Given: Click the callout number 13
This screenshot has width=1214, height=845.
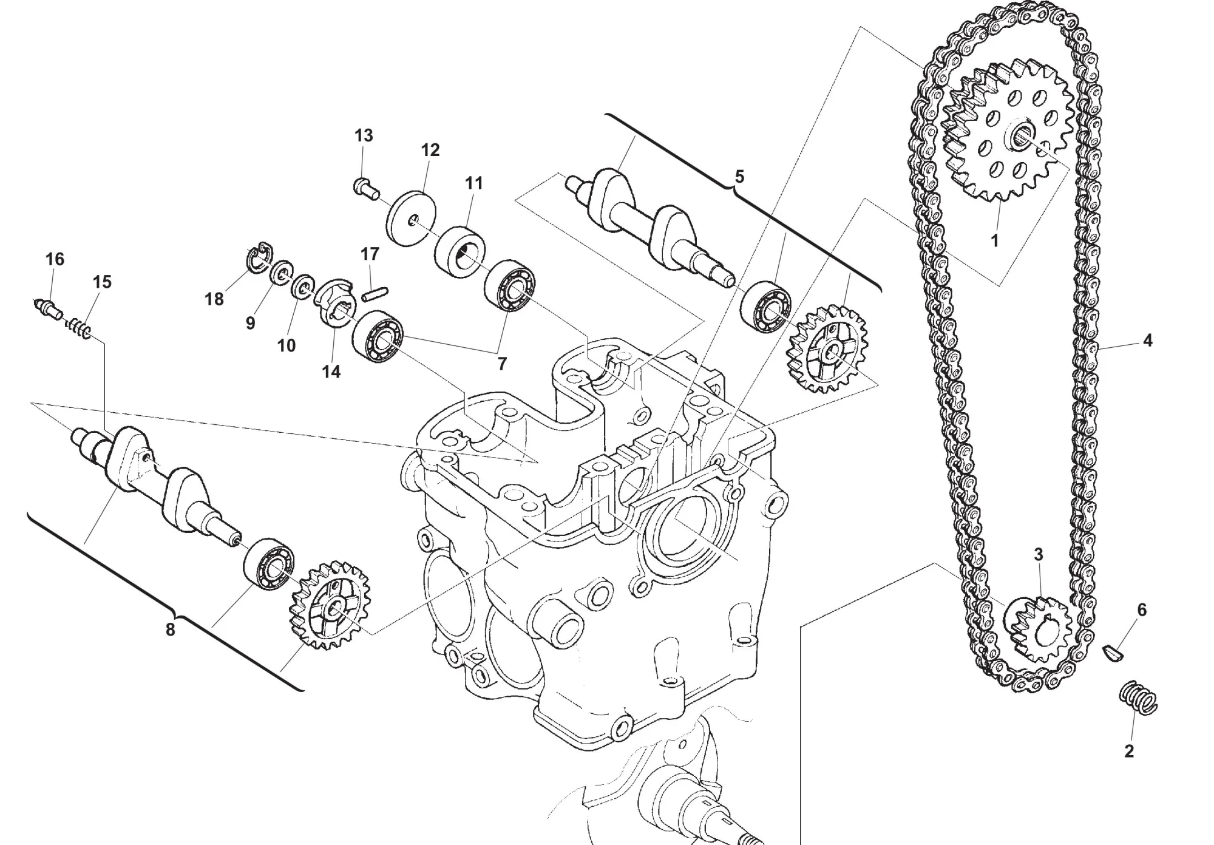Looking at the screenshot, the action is pyautogui.click(x=364, y=136).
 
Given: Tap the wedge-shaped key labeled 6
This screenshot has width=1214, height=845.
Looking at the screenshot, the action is pyautogui.click(x=1113, y=654).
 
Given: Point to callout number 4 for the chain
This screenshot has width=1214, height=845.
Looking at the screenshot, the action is pyautogui.click(x=1147, y=341).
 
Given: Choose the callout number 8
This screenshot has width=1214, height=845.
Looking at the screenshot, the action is pyautogui.click(x=171, y=630).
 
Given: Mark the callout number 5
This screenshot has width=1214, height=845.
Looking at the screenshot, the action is pyautogui.click(x=739, y=177).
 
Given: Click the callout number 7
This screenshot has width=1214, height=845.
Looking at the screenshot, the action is pyautogui.click(x=502, y=364).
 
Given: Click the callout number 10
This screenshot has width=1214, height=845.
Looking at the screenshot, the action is pyautogui.click(x=287, y=345).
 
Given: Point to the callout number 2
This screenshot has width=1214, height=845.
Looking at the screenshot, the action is pyautogui.click(x=1129, y=751).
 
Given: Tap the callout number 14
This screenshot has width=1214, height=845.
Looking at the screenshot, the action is pyautogui.click(x=331, y=372).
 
